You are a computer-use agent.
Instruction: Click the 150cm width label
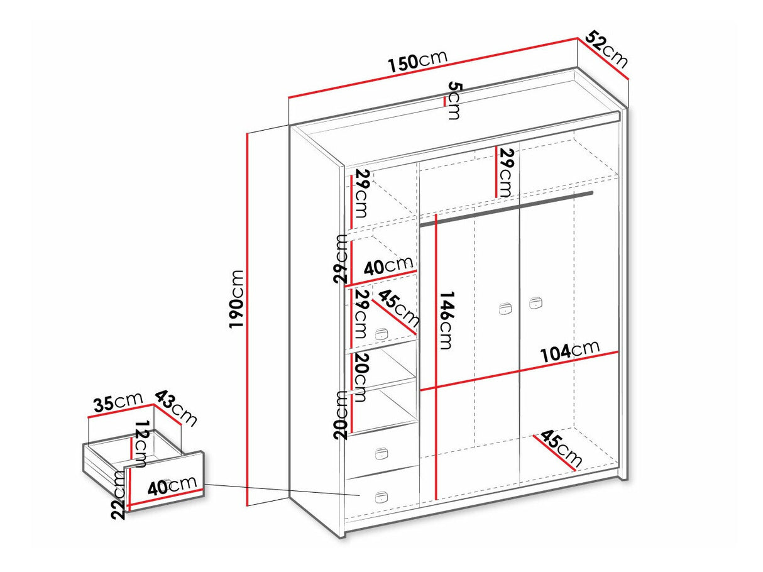(418, 62)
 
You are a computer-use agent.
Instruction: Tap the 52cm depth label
(607, 50)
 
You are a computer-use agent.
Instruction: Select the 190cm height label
(236, 299)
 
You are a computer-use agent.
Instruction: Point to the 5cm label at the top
(454, 101)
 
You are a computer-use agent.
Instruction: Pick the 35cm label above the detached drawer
(118, 403)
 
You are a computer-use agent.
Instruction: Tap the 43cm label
(175, 409)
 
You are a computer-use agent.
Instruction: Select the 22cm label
(119, 495)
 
